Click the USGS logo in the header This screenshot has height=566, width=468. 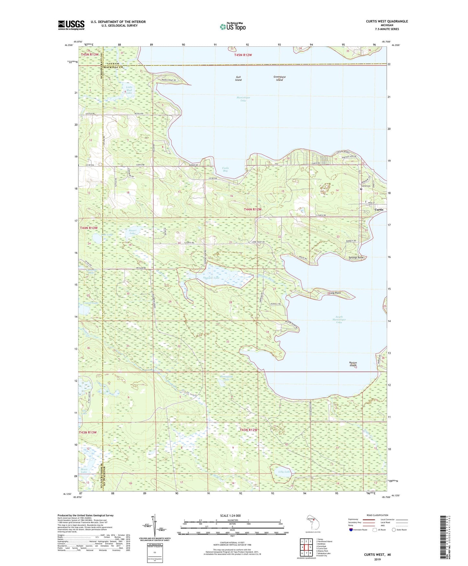click(x=71, y=25)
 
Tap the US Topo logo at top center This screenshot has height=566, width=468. click(x=233, y=27)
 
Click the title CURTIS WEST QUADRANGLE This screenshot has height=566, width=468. click(x=387, y=21)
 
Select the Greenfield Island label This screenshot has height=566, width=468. click(x=279, y=78)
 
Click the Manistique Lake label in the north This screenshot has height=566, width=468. click(x=243, y=99)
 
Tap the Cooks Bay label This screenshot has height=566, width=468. click(x=225, y=169)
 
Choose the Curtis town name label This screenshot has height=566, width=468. click(x=379, y=210)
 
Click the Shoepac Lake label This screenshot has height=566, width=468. click(x=211, y=278)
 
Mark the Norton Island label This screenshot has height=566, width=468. click(x=353, y=364)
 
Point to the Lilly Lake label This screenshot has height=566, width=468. click(x=284, y=472)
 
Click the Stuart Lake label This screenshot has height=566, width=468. click(x=132, y=232)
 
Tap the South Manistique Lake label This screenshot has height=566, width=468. click(x=339, y=320)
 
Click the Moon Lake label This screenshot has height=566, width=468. click(x=84, y=470)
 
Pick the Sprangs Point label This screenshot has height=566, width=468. click(x=356, y=258)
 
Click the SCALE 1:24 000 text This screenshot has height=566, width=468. click(x=230, y=516)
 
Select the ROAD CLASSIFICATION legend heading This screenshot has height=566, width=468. click(x=377, y=515)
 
